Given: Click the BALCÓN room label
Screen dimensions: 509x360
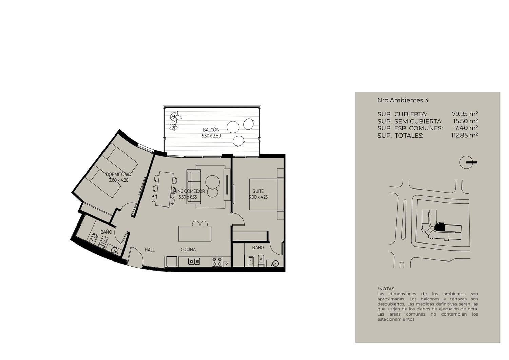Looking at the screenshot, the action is coord(211,130).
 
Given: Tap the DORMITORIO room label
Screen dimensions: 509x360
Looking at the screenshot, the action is coord(118,175).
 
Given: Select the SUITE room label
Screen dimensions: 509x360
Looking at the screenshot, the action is coord(258,191).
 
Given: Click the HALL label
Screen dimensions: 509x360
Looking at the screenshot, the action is coord(150,250).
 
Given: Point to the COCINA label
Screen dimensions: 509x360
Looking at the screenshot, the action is coord(188,250).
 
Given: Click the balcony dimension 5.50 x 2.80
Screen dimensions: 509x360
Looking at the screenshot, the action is coord(211,136).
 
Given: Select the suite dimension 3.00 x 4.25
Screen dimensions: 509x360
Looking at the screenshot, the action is coord(258,197).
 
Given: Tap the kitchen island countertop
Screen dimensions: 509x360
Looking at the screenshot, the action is coord(195,234).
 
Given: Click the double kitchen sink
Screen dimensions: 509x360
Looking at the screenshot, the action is coord(194,261).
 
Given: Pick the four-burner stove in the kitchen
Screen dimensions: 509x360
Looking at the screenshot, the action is coord(217,262).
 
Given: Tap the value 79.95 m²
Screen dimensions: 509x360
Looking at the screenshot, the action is coord(465,114).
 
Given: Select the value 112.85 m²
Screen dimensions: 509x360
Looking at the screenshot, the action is coord(465,135).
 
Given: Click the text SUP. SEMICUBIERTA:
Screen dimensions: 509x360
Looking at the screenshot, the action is coord(410,121).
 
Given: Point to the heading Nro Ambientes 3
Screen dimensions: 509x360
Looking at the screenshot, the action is coord(403,100).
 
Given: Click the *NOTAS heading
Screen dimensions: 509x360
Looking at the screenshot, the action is coord(386,289).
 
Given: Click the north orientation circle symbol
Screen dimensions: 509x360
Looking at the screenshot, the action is coord(466,162).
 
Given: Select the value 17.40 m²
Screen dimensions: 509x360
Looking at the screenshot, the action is coord(465,128).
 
